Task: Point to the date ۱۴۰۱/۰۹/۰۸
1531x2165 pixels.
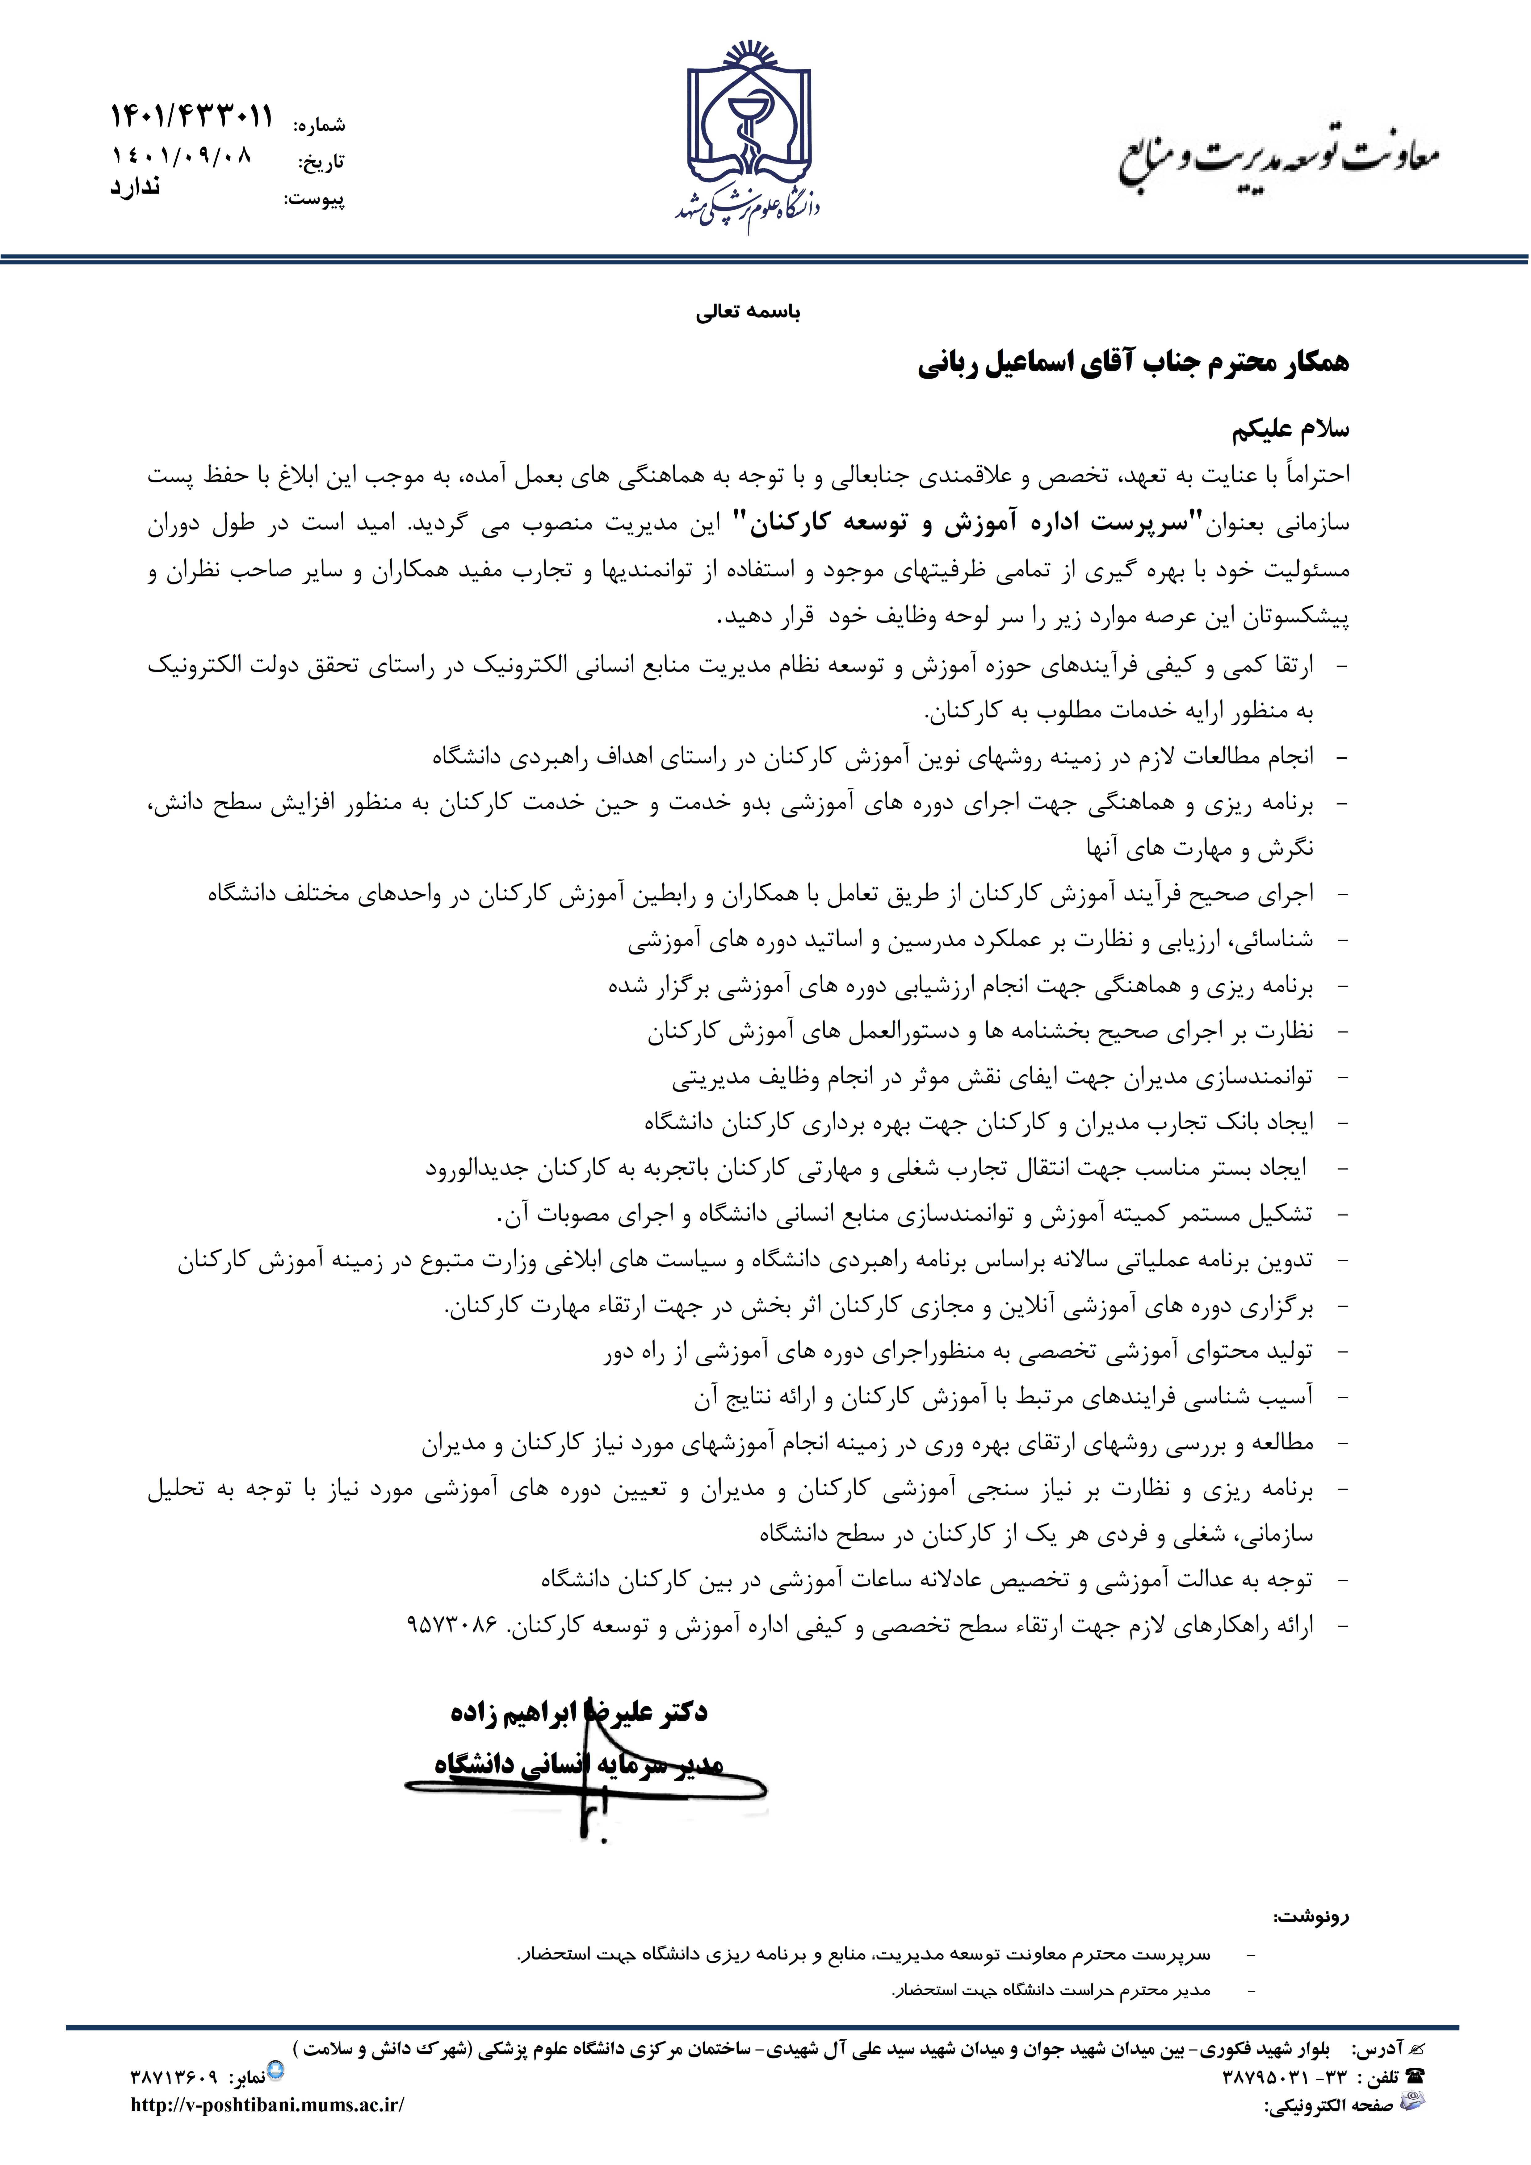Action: point(182,156)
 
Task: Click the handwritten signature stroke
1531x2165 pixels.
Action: point(589,1796)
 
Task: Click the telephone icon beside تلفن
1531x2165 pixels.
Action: point(1413,2076)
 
